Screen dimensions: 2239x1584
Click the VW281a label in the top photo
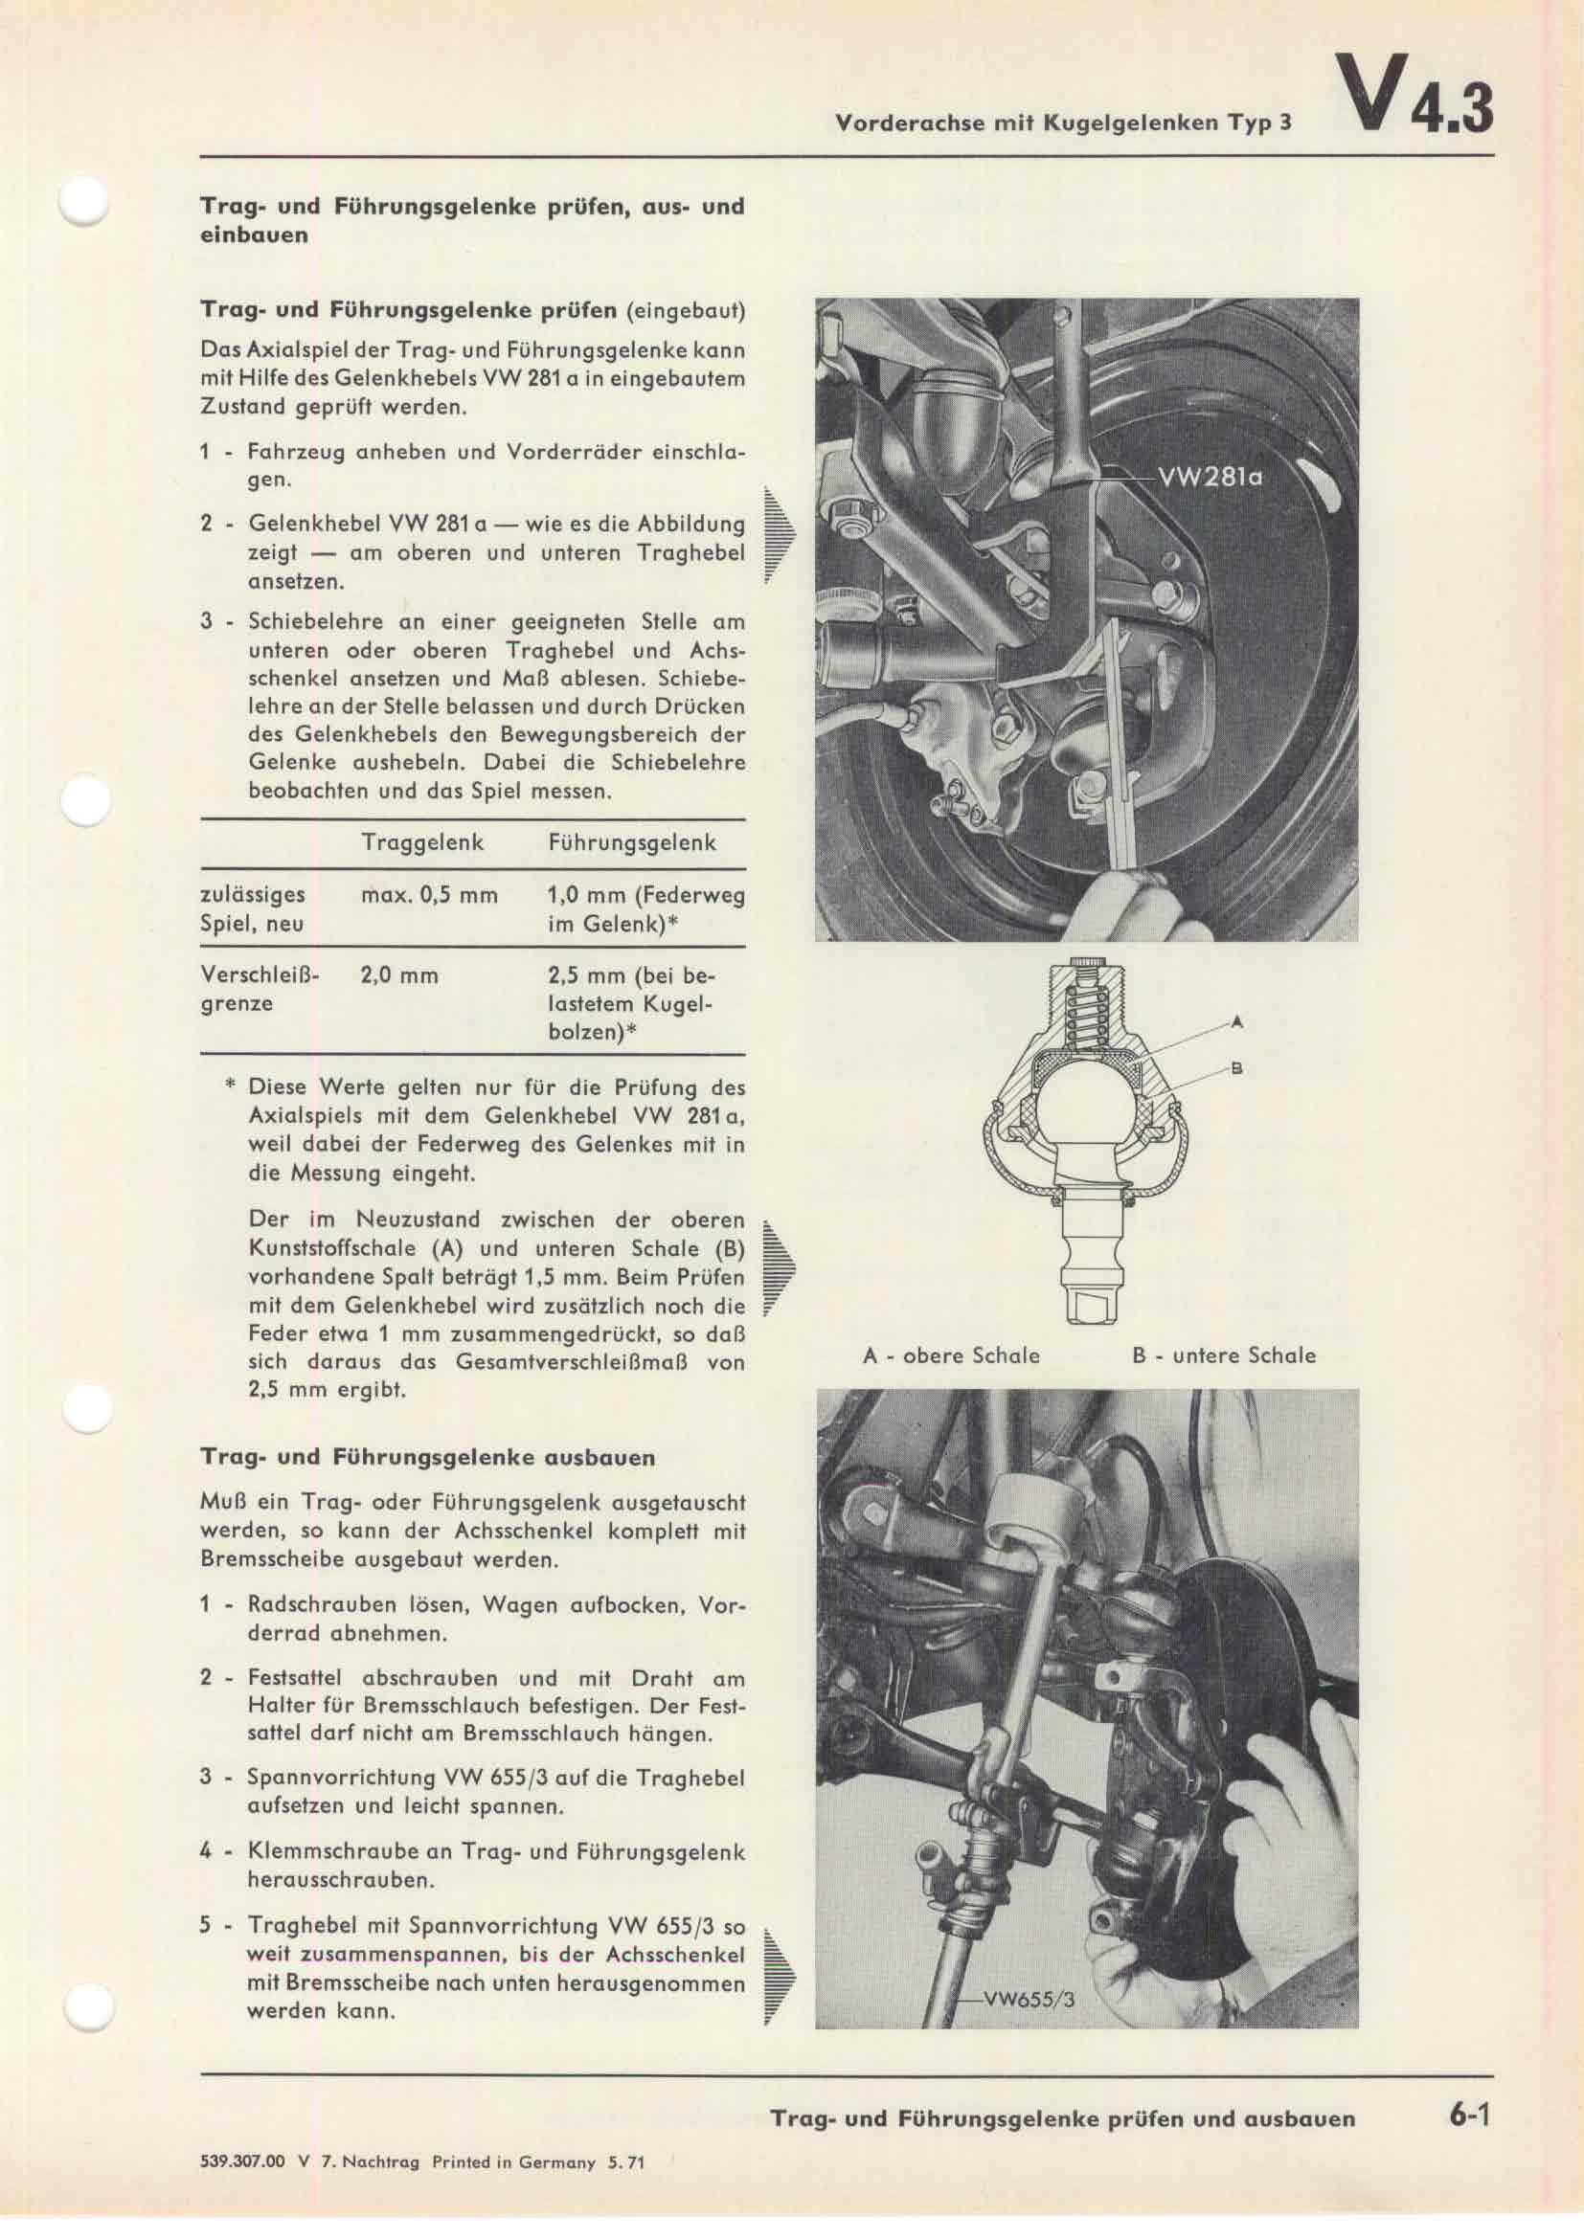click(x=1210, y=478)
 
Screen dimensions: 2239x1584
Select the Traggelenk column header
click(x=422, y=842)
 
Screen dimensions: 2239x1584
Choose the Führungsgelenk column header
click(x=632, y=842)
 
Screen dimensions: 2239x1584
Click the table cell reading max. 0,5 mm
click(x=429, y=894)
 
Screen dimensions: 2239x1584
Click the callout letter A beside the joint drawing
click(x=1236, y=1022)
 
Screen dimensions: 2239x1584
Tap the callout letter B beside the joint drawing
click(x=1236, y=1069)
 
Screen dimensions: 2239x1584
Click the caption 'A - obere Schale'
click(x=951, y=1355)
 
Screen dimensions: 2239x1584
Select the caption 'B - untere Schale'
click(x=1223, y=1355)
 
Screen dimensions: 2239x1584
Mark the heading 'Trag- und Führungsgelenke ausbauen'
click(x=427, y=1457)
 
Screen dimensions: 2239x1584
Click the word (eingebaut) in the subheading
click(x=685, y=312)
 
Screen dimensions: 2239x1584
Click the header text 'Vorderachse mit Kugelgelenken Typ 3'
click(x=1062, y=123)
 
